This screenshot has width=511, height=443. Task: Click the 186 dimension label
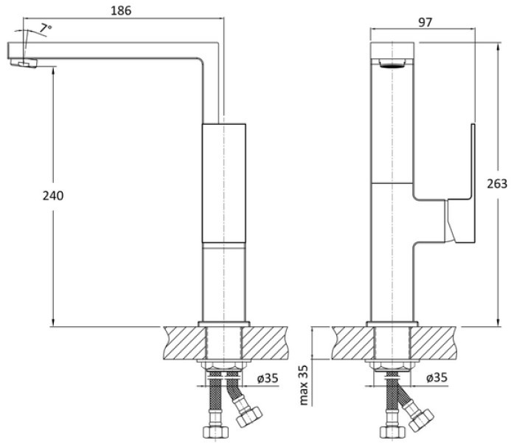pos(121,11)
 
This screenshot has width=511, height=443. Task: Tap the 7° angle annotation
pos(45,28)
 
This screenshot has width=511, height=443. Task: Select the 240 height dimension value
pos(53,196)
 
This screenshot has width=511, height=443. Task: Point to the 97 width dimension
pos(425,22)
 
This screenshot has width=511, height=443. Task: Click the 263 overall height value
pos(497,184)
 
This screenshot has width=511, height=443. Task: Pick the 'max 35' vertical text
pos(303,385)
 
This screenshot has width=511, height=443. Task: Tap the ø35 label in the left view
pos(268,378)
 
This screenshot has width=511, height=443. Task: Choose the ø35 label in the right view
pos(437,377)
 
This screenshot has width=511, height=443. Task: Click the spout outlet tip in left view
pos(24,63)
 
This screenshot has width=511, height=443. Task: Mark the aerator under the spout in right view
pos(392,63)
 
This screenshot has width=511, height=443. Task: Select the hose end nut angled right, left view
pos(249,416)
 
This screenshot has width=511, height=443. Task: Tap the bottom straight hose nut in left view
pos(215,432)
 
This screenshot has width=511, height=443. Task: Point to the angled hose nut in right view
pos(421,420)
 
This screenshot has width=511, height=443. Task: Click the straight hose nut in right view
pos(392,432)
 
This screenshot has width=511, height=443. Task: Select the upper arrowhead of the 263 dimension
pos(498,47)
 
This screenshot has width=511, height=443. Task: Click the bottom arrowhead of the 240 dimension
pos(53,322)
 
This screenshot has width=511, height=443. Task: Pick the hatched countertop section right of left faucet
pos(265,343)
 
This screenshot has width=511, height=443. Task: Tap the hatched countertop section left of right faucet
pos(353,343)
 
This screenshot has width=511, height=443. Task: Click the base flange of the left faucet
pos(224,324)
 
